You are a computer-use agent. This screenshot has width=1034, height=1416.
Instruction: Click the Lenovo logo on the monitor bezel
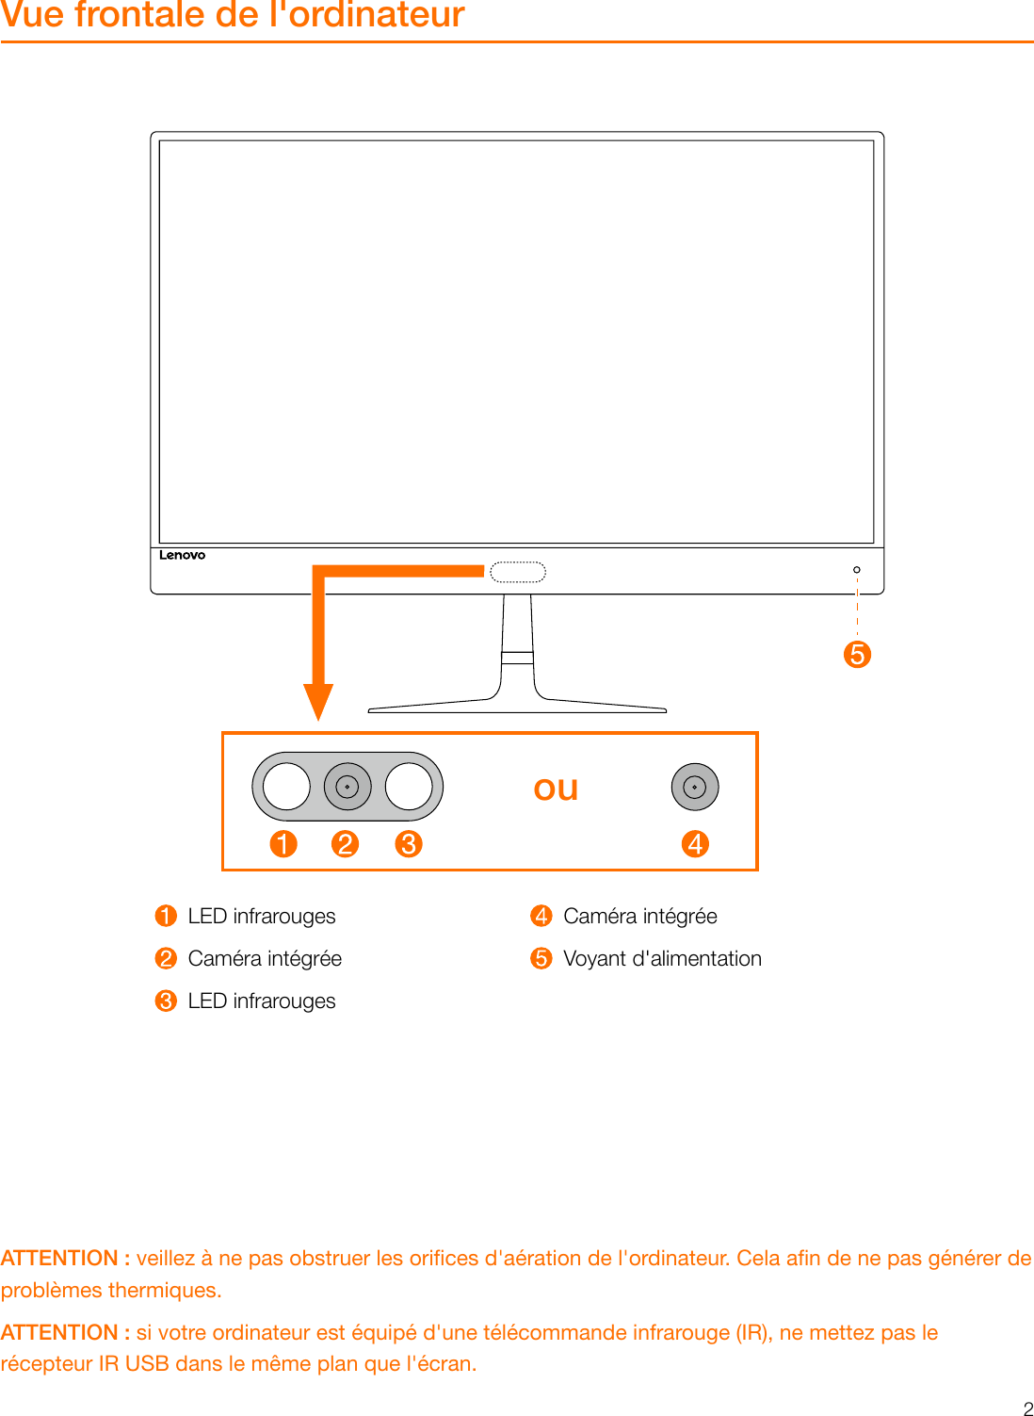click(x=182, y=555)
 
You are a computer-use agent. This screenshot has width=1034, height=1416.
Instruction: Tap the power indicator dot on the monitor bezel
click(x=856, y=570)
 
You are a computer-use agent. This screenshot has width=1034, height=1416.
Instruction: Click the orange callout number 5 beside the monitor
click(x=857, y=654)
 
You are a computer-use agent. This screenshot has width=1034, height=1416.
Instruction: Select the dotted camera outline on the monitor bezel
click(x=518, y=572)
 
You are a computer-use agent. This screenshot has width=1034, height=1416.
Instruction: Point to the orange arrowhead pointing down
click(x=318, y=701)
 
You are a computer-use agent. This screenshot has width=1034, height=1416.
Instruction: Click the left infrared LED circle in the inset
click(x=286, y=787)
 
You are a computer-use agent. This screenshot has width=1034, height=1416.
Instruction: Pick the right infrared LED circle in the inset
click(x=409, y=787)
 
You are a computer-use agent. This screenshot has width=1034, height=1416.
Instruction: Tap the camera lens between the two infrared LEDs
click(x=347, y=787)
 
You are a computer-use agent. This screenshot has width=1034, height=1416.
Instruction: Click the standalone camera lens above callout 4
click(x=695, y=787)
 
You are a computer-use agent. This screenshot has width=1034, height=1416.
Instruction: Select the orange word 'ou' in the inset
click(x=556, y=789)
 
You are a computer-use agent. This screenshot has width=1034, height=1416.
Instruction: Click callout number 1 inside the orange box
click(x=283, y=843)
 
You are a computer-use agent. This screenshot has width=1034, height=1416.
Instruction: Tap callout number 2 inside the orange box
click(x=346, y=843)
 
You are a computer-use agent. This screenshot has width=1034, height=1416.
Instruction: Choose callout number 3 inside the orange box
click(x=409, y=843)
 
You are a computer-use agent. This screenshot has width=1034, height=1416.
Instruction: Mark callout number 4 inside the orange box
click(x=695, y=843)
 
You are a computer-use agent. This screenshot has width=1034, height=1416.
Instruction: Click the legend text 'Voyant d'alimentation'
click(x=662, y=958)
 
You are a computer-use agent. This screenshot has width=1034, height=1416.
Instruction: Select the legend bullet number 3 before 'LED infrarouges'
click(x=166, y=1001)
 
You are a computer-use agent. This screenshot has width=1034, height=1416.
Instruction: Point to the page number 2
click(x=1027, y=1408)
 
